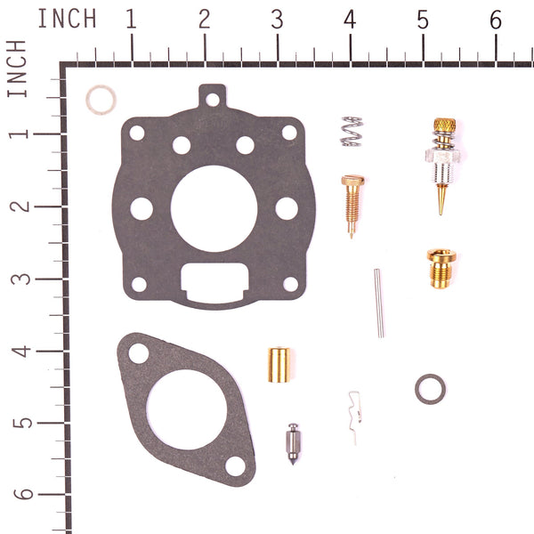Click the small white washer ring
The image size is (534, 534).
[100, 100]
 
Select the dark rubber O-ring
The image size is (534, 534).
[430, 388]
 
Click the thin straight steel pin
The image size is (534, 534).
[379, 303]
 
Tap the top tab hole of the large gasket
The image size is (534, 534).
[212, 100]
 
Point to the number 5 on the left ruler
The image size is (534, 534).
[20, 421]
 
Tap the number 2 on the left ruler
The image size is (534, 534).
[20, 205]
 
